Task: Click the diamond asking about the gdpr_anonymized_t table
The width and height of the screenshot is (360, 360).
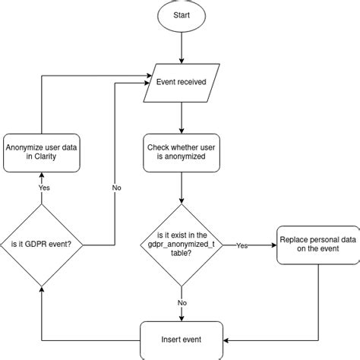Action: (182, 245)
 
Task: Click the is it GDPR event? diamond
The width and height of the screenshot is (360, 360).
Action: (41, 245)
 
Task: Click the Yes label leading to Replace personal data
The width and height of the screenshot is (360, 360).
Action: (242, 245)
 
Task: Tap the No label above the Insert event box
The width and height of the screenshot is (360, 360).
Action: (182, 302)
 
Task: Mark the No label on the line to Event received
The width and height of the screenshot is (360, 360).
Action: (116, 186)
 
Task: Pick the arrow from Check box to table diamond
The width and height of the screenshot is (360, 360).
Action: (182, 188)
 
